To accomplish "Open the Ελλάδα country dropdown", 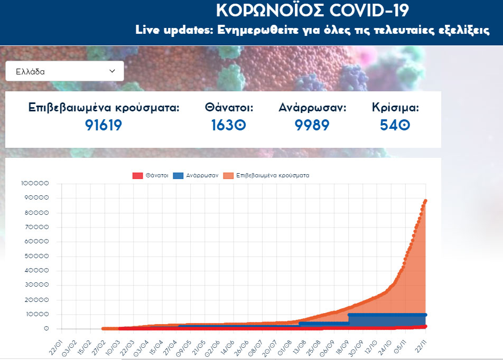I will [64, 71].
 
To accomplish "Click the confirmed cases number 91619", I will [104, 125].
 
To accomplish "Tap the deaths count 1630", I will [229, 125].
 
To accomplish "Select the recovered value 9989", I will [312, 125].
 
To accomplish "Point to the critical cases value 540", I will [395, 125].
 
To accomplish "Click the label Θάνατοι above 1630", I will [229, 108].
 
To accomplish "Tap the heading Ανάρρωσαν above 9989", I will [312, 108].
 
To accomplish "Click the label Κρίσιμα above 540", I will [395, 108].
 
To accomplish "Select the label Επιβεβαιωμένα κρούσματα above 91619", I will [104, 108].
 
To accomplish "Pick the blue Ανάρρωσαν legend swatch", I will [178, 175].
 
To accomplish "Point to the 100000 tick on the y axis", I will [35, 184].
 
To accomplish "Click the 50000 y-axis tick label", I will [36, 257].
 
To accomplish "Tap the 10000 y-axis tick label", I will [36, 315].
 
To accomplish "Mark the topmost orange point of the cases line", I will [425, 201].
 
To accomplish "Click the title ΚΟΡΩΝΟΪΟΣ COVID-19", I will [312, 11].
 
